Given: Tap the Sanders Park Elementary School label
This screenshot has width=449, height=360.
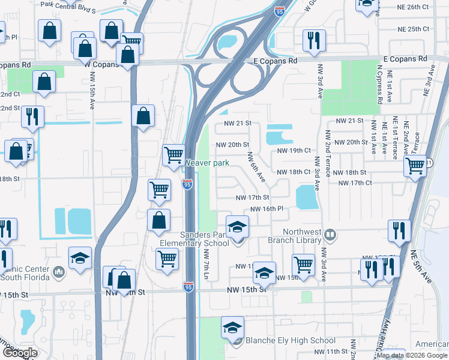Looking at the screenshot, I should [x=194, y=239].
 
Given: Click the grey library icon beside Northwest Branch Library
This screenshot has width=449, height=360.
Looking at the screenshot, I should [x=329, y=233].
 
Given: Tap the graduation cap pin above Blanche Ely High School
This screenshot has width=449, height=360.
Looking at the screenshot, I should [x=232, y=328].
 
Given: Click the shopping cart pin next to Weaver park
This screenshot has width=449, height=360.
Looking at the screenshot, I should [x=173, y=155].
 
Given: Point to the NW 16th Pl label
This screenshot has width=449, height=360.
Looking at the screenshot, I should [x=267, y=208].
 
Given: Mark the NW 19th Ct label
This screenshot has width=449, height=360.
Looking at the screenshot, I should [x=294, y=151].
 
